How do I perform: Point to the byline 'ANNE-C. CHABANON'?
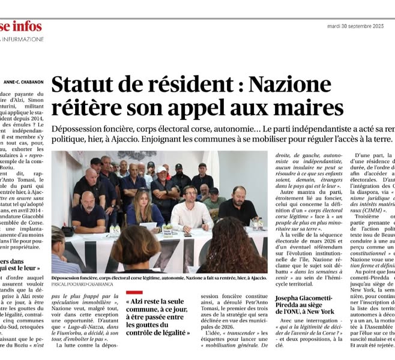click(x=23, y=82)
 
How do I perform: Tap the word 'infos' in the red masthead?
click(x=29, y=26)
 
